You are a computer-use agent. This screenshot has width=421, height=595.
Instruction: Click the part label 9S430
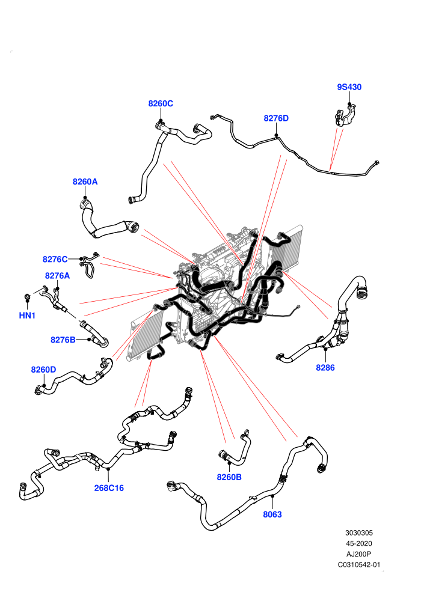click(349, 87)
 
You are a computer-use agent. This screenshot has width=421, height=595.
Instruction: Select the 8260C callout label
click(161, 103)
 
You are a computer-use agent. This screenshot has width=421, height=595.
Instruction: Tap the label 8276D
click(276, 118)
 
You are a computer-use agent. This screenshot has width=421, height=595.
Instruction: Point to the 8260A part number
click(85, 182)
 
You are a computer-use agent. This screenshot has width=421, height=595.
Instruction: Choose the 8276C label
click(55, 259)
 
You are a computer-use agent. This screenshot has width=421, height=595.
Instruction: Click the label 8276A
click(57, 276)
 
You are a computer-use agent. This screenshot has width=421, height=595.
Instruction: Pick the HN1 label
click(27, 316)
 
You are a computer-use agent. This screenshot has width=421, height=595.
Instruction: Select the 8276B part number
click(63, 340)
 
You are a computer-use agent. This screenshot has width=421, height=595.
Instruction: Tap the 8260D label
click(44, 370)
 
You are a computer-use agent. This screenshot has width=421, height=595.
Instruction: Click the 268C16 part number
click(109, 488)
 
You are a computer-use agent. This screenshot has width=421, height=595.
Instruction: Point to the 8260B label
click(229, 477)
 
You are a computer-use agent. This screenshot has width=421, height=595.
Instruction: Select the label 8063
click(272, 514)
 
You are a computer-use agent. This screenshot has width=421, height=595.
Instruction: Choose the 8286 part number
click(325, 367)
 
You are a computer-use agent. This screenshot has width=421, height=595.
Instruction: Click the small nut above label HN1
click(27, 296)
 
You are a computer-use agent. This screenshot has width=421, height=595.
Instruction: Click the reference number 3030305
click(358, 532)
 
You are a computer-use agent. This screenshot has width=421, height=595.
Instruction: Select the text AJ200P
click(358, 554)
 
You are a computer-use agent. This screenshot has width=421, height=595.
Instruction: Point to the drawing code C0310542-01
click(358, 564)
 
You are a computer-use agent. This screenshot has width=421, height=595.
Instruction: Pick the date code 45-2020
click(358, 543)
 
